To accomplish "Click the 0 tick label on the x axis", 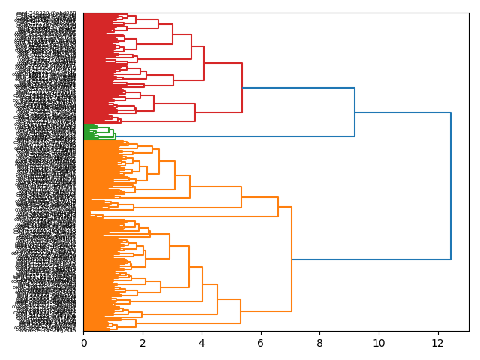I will (84, 343).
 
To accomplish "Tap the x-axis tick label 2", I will (143, 343).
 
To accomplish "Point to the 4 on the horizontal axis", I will (202, 343).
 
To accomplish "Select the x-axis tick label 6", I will (261, 343).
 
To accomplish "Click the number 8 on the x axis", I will (319, 343).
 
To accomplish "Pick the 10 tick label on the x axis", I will (379, 343).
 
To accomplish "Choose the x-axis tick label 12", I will (438, 343).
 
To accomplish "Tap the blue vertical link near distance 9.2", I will (355, 112).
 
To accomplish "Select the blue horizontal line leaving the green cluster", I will (225, 136).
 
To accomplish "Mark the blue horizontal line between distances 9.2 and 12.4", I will (403, 112).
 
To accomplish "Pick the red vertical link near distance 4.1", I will (204, 63).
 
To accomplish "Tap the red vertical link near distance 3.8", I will (195, 112).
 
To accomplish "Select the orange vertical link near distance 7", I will (292, 259).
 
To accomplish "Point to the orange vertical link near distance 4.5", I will (217, 299).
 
